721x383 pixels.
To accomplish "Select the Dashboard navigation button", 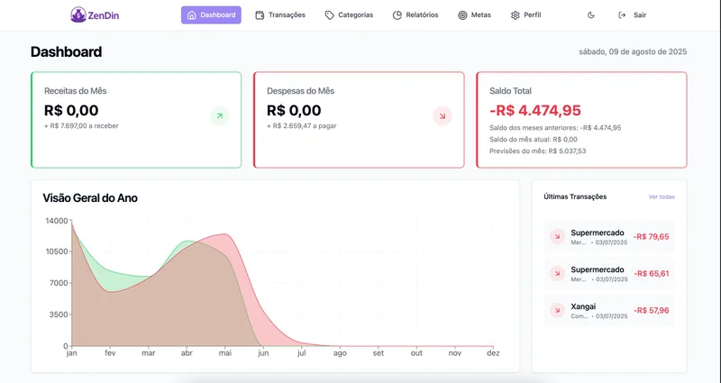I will (211, 15).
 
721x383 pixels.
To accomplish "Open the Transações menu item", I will (280, 15).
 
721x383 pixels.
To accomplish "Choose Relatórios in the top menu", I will (415, 15).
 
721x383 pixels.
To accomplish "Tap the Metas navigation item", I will (474, 15).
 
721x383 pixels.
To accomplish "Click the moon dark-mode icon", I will (591, 15).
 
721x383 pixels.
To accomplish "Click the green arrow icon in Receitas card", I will (219, 115).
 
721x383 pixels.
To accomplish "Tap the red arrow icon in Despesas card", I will (442, 115).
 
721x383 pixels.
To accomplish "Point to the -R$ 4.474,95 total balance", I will (535, 110).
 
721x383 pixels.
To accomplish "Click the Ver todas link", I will (661, 196).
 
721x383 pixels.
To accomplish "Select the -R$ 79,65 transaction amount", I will (651, 237).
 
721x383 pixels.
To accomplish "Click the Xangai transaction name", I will (583, 306).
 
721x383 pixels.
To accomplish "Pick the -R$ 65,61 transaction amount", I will (651, 273).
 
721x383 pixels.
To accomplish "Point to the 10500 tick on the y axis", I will (56, 251).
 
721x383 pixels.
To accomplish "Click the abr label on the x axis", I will (187, 353).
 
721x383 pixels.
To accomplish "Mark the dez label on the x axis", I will (493, 353).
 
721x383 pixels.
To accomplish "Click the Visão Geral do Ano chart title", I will (90, 197).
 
